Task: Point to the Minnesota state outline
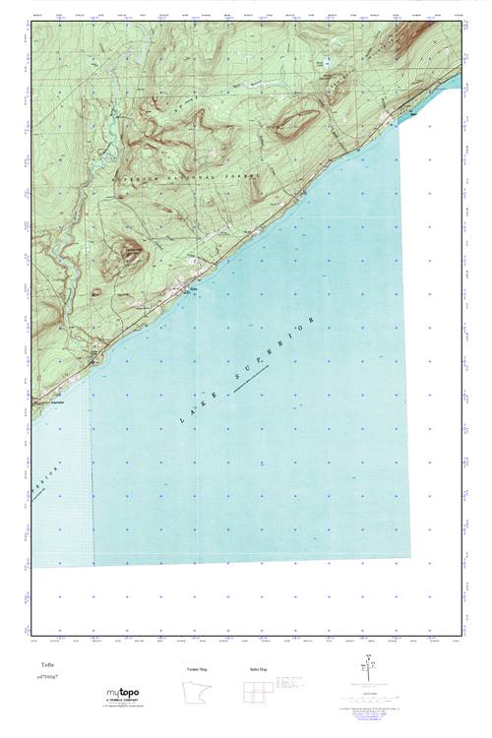coord(196,693)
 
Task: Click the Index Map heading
coord(258,669)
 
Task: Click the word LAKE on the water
coord(192,412)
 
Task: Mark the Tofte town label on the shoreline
coord(194,288)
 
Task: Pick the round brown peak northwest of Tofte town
coord(131,253)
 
